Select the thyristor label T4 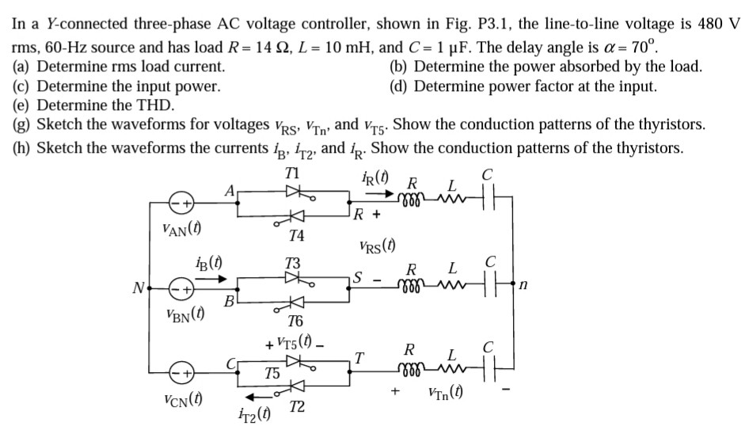pyautogui.click(x=295, y=235)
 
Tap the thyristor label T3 pyautogui.click(x=294, y=261)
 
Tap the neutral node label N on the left pyautogui.click(x=138, y=287)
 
